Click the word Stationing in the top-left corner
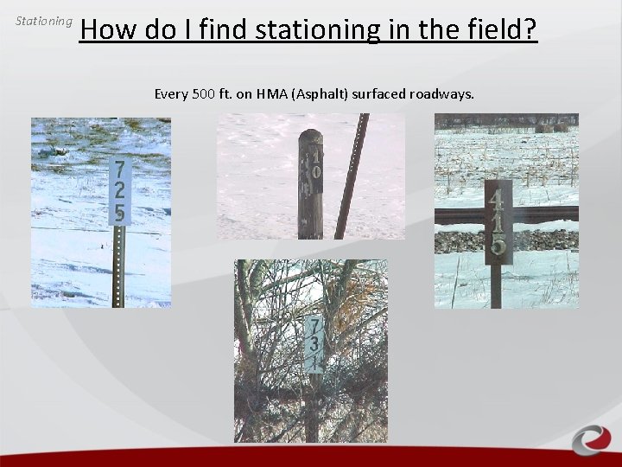click(x=44, y=20)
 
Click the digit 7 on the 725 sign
click(x=119, y=169)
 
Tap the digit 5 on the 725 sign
click(x=119, y=213)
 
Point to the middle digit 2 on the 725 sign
click(x=119, y=190)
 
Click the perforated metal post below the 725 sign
click(x=119, y=268)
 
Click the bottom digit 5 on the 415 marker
click(x=498, y=244)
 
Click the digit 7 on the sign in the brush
click(x=315, y=328)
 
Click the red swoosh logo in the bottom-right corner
click(x=592, y=438)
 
